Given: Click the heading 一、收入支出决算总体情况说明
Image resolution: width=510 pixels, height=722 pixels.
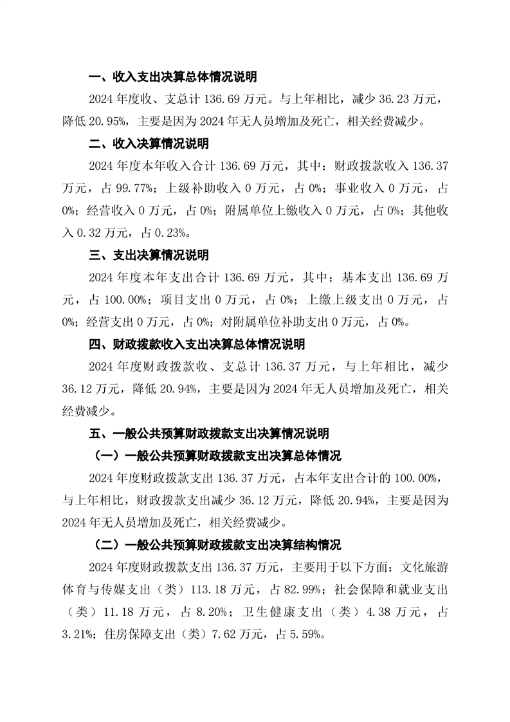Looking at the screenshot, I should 172,77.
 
